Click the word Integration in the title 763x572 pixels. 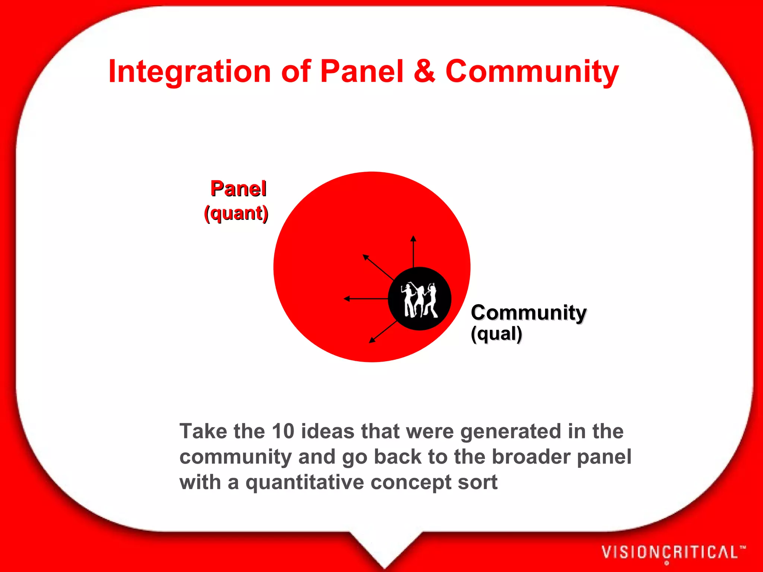coord(189,72)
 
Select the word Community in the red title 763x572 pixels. coord(532,72)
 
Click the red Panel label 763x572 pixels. coord(238,188)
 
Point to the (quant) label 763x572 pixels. coord(236,213)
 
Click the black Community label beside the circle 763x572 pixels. coord(528,312)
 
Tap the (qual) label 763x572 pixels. coord(496,334)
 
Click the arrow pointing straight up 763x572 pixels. coord(413,251)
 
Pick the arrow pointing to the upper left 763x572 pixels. coord(378,267)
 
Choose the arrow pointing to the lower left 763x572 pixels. coord(383,332)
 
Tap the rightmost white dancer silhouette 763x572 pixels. coord(432,300)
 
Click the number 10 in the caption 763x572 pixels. coord(283,431)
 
